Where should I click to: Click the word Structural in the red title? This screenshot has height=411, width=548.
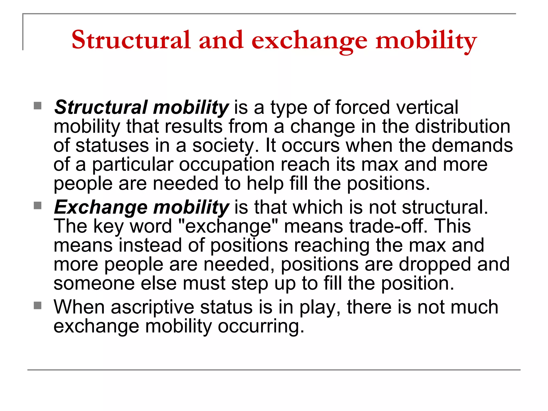pyautogui.click(x=131, y=40)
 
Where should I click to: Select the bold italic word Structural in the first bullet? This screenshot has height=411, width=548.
pyautogui.click(x=101, y=107)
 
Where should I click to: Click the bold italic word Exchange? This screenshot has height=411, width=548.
pyautogui.click(x=101, y=207)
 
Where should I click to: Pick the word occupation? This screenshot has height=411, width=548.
pyautogui.click(x=227, y=165)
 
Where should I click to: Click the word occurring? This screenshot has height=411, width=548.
pyautogui.click(x=261, y=326)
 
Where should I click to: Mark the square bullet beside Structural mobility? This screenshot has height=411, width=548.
pyautogui.click(x=38, y=106)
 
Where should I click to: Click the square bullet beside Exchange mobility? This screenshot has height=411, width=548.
pyautogui.click(x=38, y=206)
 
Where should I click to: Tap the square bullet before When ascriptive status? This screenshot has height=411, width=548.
pyautogui.click(x=38, y=305)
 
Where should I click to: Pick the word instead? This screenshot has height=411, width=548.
pyautogui.click(x=150, y=245)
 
